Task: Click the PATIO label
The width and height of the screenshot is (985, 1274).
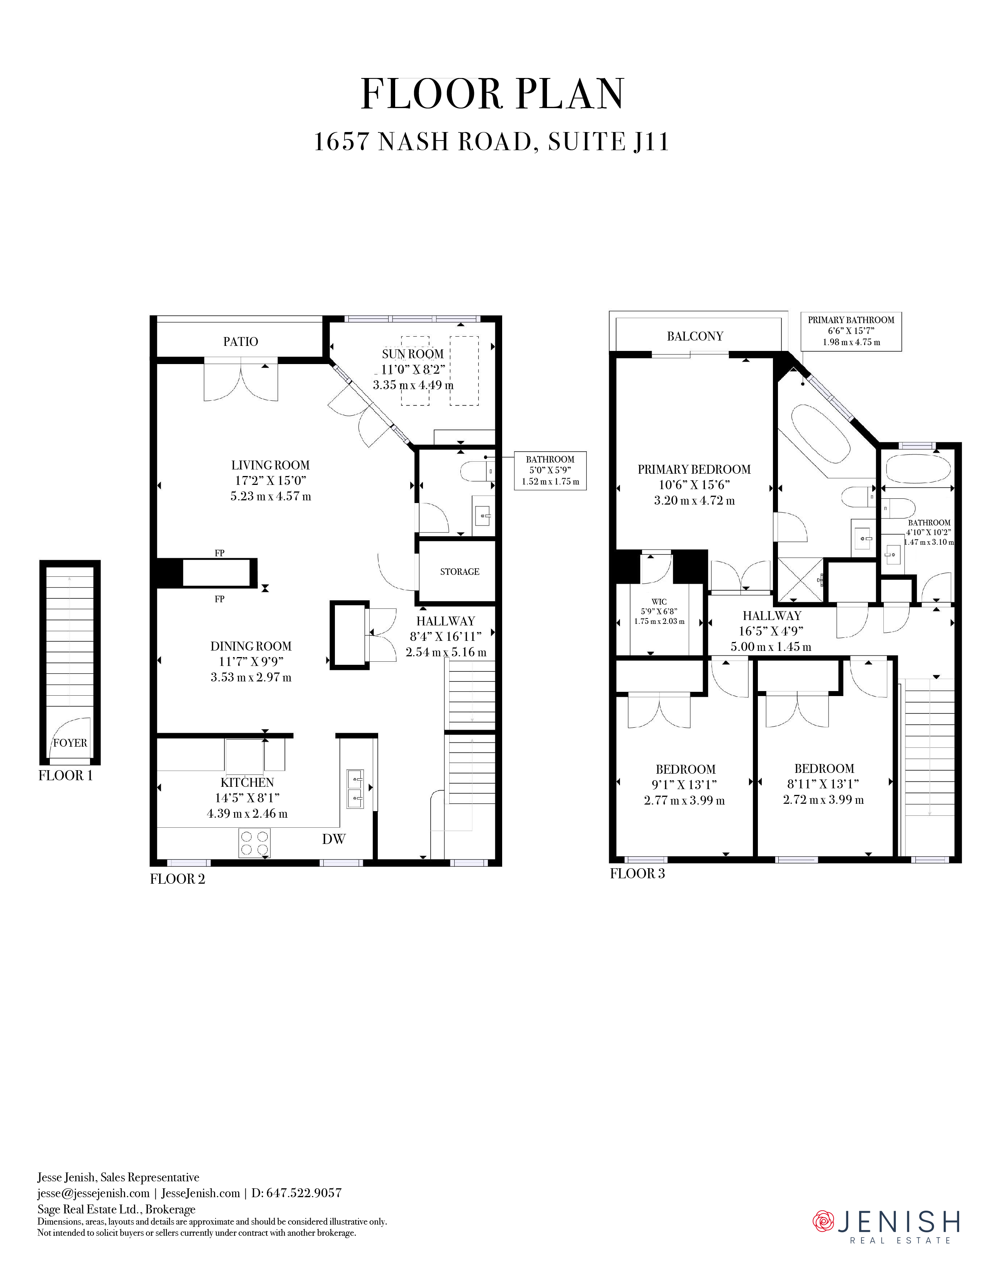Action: [x=240, y=342]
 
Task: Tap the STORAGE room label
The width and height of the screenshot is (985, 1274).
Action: [x=460, y=572]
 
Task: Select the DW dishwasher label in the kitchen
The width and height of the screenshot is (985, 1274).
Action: [x=334, y=839]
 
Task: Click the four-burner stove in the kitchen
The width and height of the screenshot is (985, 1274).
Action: [x=255, y=843]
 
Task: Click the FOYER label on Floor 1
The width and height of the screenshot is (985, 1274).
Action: [x=70, y=742]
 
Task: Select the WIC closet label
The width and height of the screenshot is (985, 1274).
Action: [x=659, y=601]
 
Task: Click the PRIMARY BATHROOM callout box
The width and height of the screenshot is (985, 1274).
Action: [x=851, y=331]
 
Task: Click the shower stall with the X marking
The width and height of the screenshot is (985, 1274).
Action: [x=801, y=579]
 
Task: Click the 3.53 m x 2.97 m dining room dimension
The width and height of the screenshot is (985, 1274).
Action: [x=251, y=677]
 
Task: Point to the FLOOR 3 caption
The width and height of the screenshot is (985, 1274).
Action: [x=637, y=873]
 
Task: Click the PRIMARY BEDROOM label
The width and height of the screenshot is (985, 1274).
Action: [x=694, y=469]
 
